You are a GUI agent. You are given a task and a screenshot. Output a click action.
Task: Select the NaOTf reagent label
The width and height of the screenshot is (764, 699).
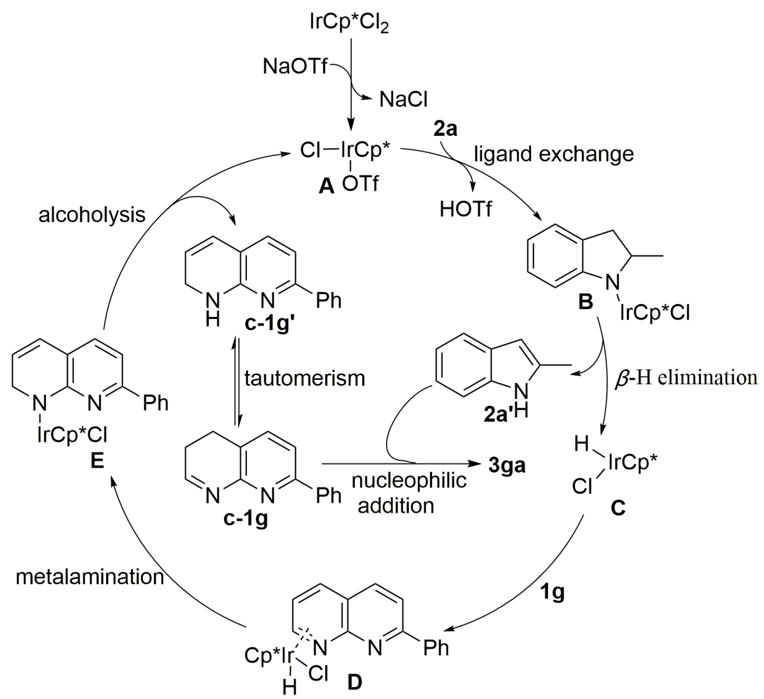pos(295,66)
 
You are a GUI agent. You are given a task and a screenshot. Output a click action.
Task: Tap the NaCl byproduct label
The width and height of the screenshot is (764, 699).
pos(403,99)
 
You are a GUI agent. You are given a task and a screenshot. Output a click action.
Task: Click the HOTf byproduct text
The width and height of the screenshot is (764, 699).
pos(466,209)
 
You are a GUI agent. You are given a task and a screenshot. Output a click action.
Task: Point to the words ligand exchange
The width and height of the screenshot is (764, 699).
pos(554,154)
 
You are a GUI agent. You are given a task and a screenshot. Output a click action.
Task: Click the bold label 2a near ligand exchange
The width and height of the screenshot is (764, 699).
pos(445,129)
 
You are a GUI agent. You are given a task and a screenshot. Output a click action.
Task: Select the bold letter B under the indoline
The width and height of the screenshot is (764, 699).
pos(585,302)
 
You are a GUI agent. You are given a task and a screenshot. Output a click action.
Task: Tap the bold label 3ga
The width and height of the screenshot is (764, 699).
pos(507,465)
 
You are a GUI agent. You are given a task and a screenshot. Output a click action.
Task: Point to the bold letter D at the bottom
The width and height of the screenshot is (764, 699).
pos(355,682)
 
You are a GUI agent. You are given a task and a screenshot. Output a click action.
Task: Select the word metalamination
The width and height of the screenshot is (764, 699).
pos(90,577)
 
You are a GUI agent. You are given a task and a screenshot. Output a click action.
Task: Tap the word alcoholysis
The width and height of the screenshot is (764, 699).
pos(92,215)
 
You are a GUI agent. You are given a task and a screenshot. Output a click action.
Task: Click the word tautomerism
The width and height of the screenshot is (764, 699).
pos(304,378)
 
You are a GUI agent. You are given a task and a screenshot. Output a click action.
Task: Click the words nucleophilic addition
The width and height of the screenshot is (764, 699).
pos(409,493)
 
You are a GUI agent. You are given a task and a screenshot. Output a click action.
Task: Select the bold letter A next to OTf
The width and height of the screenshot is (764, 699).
pos(326,186)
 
